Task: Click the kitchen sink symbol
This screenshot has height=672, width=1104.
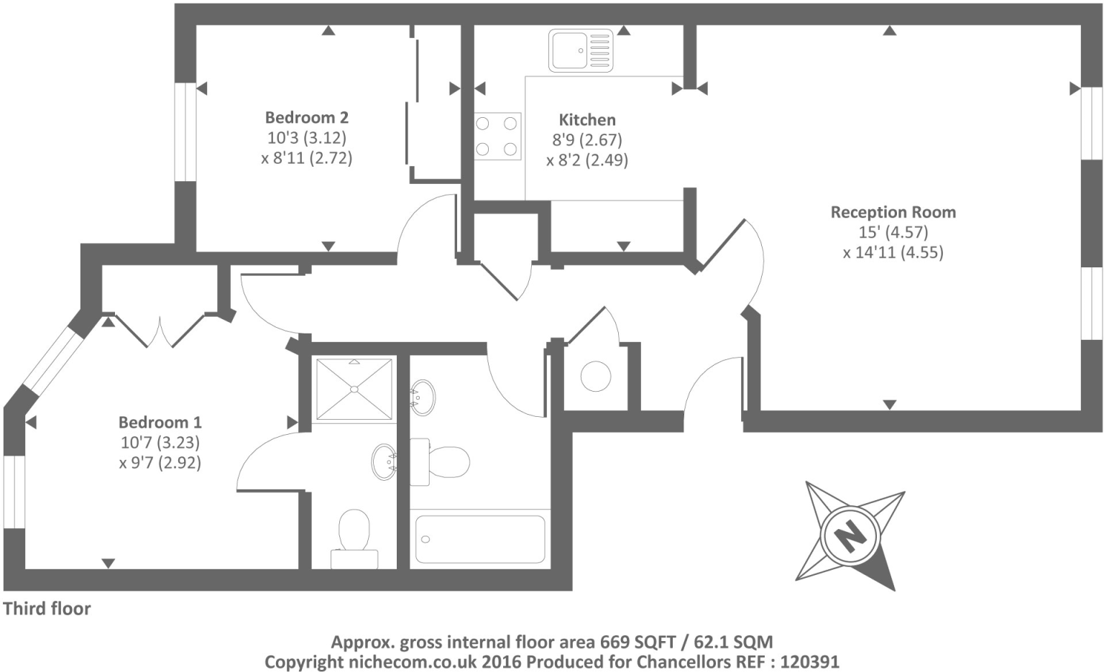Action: click(x=581, y=50)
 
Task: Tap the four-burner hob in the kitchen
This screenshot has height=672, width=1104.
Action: click(x=497, y=136)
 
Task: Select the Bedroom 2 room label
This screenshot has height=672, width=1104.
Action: click(x=307, y=117)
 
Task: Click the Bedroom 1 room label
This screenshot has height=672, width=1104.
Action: click(x=160, y=422)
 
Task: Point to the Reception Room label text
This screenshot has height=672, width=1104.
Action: click(x=893, y=212)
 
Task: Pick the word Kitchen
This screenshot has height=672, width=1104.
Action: click(x=587, y=120)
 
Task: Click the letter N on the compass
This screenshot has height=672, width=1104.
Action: click(x=850, y=536)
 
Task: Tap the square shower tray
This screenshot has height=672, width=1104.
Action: click(x=354, y=389)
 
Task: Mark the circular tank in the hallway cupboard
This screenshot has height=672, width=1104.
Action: click(x=596, y=376)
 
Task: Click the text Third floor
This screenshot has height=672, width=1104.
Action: click(x=47, y=609)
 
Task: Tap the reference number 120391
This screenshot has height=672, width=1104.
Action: click(x=809, y=662)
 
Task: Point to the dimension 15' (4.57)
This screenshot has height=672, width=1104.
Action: click(x=893, y=232)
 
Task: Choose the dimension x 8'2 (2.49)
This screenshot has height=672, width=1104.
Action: click(x=587, y=160)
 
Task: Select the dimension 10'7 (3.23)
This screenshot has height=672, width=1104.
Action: click(x=160, y=442)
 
